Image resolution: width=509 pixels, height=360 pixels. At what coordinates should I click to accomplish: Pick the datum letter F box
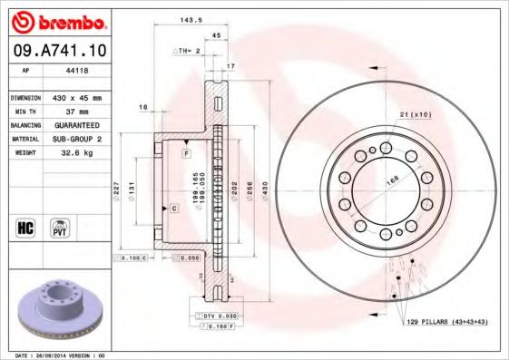186,155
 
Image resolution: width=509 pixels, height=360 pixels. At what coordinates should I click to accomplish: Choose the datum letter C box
172,209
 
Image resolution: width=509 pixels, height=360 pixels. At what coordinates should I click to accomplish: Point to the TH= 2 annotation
186,52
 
